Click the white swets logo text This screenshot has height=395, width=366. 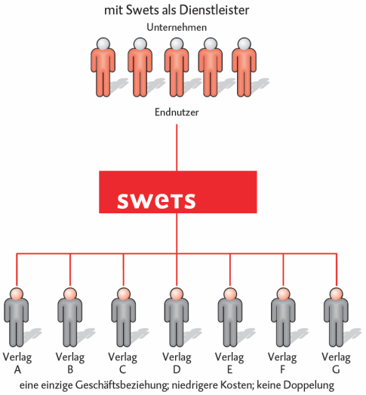156,201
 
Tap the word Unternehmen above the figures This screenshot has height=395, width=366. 177,27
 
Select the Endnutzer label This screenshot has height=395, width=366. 177,112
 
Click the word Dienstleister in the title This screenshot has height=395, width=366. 214,10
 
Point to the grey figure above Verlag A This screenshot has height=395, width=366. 17,317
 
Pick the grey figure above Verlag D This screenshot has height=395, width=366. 177,317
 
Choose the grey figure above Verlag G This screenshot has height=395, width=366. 337,317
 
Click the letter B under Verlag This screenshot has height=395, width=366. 70,369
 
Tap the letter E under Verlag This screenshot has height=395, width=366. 229,369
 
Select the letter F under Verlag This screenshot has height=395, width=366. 282,369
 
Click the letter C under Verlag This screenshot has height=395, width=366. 122,369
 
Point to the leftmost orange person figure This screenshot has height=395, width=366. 103,68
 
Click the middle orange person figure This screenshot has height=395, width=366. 177,68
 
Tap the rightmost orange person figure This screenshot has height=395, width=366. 244,68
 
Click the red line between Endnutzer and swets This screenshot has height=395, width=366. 177,148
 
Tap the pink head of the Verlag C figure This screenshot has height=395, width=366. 124,294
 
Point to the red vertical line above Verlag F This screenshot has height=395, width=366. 283,271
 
